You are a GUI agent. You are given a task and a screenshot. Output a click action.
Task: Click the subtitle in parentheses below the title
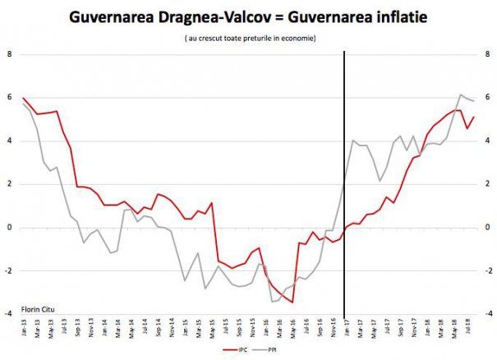point(250,39)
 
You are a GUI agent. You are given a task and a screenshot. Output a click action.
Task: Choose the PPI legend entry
point(272,349)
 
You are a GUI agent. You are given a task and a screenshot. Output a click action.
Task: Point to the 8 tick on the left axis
point(9,54)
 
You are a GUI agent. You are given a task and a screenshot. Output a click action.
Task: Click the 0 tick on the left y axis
point(9,228)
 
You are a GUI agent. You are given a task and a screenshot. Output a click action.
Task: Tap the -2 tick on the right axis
point(490,270)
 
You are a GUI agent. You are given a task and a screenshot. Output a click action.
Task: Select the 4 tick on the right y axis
point(490,141)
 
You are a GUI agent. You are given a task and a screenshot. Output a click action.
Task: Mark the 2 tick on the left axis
point(9,184)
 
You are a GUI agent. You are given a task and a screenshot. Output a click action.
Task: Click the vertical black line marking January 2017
point(343,181)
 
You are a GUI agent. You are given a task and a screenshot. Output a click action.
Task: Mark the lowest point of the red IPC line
point(292,302)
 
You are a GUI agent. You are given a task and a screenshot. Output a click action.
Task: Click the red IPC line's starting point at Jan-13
point(23,98)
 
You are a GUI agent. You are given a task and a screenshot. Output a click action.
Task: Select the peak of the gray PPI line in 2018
point(460,95)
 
